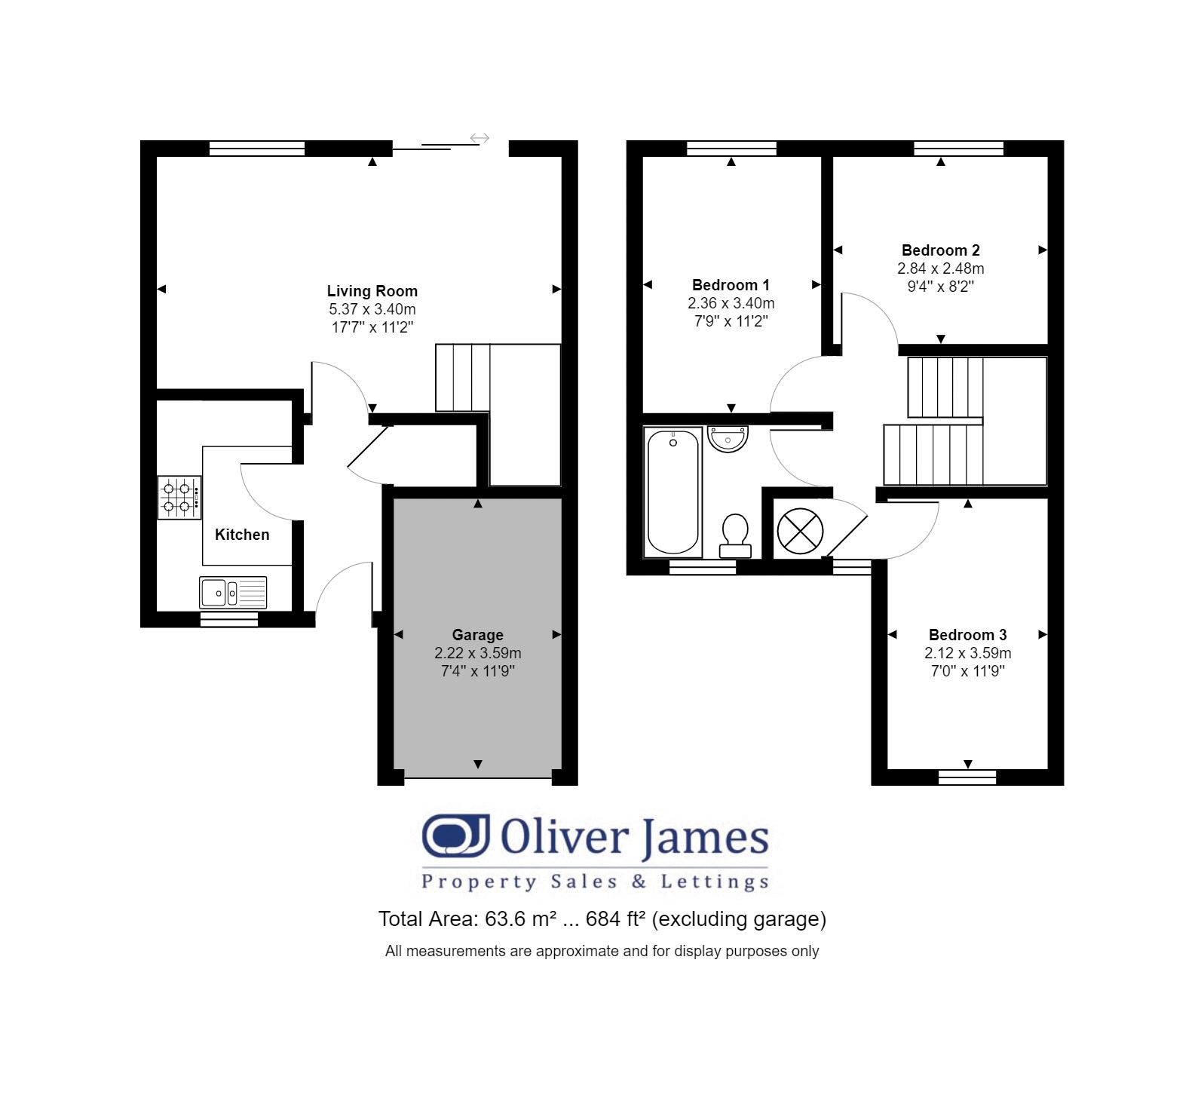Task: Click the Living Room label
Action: [x=372, y=291]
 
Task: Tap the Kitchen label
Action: [x=241, y=535]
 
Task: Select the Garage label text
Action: [x=477, y=635]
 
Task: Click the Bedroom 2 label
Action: [x=940, y=250]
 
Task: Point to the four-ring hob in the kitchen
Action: [x=179, y=498]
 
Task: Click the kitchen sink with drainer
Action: [x=233, y=593]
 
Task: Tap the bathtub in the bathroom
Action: [x=673, y=492]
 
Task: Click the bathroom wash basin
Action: [x=728, y=438]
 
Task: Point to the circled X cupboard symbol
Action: [x=800, y=530]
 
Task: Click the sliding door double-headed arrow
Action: [x=479, y=138]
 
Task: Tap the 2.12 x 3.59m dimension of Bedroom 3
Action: [x=967, y=653]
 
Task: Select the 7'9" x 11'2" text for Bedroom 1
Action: [x=731, y=321]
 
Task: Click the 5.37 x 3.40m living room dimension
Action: [x=372, y=309]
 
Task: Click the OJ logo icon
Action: [x=455, y=836]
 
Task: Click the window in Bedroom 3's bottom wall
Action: [x=967, y=777]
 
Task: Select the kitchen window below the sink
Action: [x=229, y=619]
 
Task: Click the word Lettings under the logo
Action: [x=714, y=882]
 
